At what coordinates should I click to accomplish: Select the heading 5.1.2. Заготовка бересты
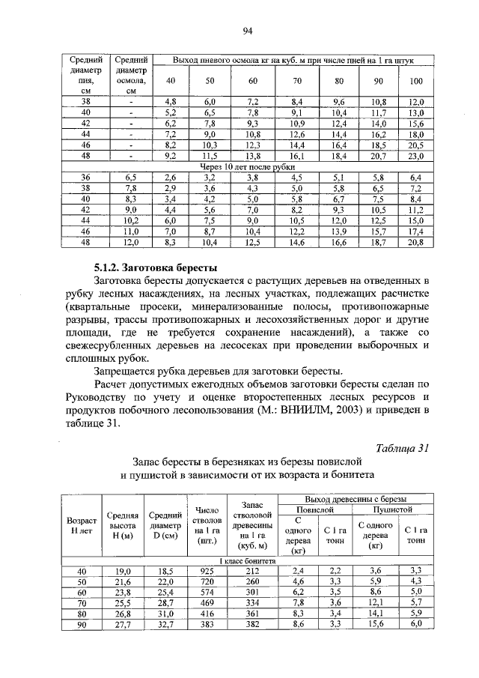click(x=155, y=267)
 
